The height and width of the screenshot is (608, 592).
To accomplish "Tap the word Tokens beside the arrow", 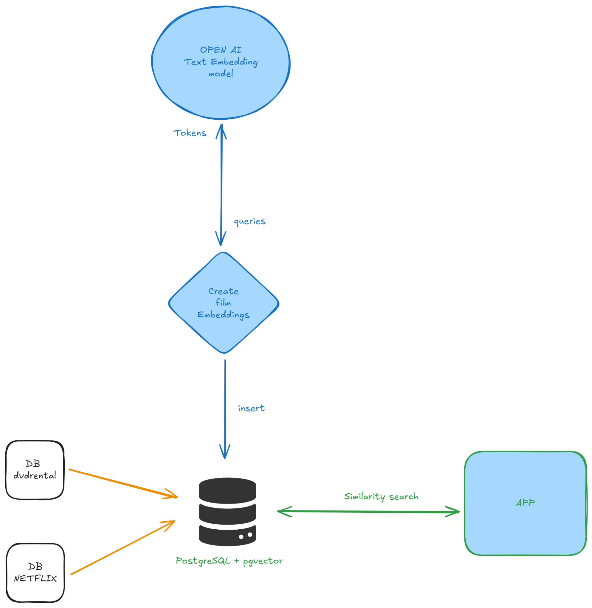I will [x=190, y=133].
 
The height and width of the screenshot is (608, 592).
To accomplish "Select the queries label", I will [x=250, y=221].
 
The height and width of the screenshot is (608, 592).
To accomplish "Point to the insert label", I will [x=251, y=408].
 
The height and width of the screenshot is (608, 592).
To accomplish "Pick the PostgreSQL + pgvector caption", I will [x=229, y=561].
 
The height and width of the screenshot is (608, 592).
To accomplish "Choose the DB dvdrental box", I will [x=35, y=470].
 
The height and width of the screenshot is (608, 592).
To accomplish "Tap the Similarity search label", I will [x=381, y=496].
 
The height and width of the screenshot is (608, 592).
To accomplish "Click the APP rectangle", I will [x=525, y=528].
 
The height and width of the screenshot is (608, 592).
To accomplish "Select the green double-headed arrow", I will [x=368, y=512].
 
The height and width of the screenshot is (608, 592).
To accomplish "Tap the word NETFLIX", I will [x=35, y=579].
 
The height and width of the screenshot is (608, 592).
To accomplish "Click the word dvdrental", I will [x=35, y=476].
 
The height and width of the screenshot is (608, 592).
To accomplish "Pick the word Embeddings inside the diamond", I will [x=224, y=315].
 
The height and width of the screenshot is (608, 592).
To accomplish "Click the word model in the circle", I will [x=221, y=74].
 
